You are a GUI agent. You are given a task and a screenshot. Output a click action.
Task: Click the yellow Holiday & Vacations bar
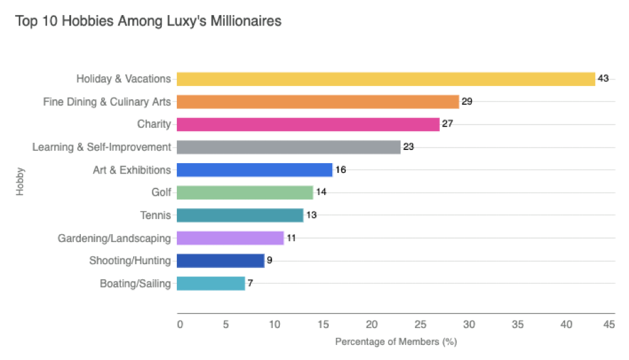(386, 79)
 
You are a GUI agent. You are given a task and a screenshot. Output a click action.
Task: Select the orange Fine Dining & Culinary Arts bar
(318, 102)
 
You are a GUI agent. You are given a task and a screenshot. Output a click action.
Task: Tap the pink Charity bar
(308, 125)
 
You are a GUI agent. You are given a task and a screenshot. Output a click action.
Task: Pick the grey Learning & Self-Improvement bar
(288, 147)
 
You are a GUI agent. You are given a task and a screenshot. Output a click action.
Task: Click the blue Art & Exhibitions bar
(254, 170)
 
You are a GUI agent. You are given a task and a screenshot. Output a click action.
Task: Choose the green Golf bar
(245, 193)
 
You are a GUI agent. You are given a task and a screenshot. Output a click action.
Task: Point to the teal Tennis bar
(240, 215)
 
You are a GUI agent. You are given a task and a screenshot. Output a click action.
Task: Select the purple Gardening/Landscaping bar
(230, 238)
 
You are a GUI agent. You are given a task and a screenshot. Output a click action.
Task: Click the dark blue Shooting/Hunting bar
(221, 261)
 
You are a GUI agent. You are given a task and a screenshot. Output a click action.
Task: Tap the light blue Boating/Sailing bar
(211, 284)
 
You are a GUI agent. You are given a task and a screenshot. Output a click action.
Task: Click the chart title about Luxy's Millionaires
(148, 22)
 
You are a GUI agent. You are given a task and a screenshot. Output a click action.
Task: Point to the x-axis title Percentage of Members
(395, 342)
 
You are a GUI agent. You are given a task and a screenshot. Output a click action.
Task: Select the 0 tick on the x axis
(180, 324)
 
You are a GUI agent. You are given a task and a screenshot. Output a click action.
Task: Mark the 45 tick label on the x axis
(609, 324)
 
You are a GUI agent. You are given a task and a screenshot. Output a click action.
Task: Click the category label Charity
(154, 125)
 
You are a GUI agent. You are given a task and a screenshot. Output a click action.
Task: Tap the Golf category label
(161, 193)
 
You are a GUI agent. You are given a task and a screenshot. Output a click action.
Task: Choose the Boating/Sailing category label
(135, 284)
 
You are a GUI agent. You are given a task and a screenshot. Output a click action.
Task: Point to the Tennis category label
(155, 215)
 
